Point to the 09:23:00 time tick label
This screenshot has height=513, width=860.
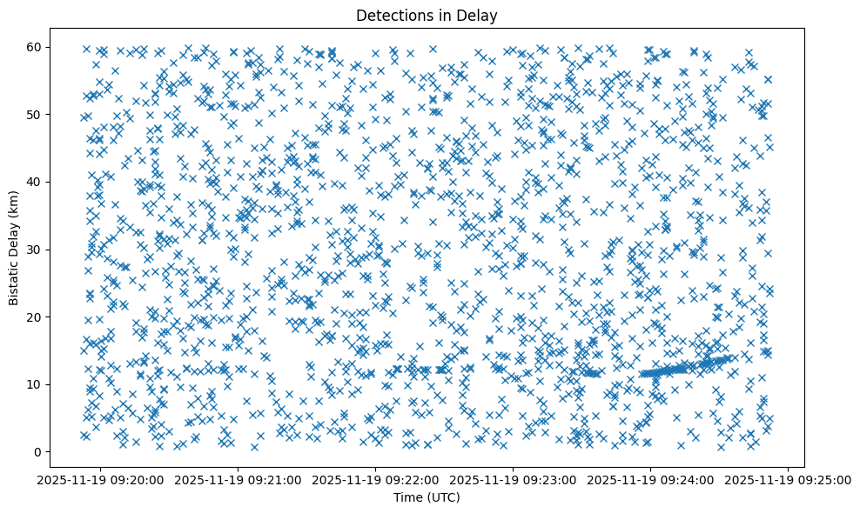pyautogui.click(x=514, y=479)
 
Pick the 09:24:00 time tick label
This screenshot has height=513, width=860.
pyautogui.click(x=651, y=479)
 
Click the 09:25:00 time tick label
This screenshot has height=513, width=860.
pyautogui.click(x=789, y=479)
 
